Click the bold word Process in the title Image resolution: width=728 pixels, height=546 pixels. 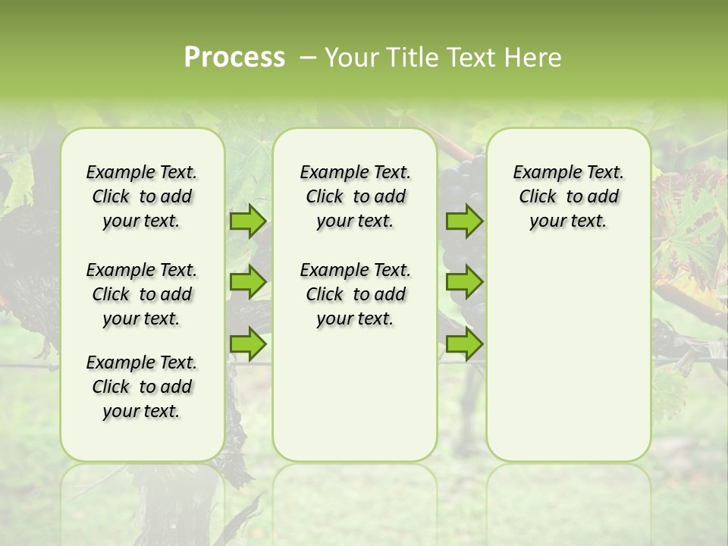[234, 58]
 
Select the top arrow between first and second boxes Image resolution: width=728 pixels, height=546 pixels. [247, 221]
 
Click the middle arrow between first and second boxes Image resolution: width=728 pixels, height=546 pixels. [247, 282]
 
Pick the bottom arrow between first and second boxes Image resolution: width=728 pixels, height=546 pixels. [247, 344]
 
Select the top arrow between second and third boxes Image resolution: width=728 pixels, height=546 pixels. [464, 221]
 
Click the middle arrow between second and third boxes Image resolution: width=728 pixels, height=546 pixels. [464, 282]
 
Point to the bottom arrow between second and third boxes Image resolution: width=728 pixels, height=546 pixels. [464, 344]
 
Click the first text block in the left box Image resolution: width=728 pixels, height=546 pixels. [142, 196]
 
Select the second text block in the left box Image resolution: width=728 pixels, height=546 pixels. [142, 294]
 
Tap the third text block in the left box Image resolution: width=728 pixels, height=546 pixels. [142, 387]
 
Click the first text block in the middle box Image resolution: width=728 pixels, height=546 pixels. [355, 196]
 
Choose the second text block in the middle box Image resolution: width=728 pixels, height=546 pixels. [355, 294]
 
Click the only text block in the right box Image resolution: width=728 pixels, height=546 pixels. [568, 196]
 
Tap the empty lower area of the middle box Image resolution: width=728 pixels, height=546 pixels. [355, 394]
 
